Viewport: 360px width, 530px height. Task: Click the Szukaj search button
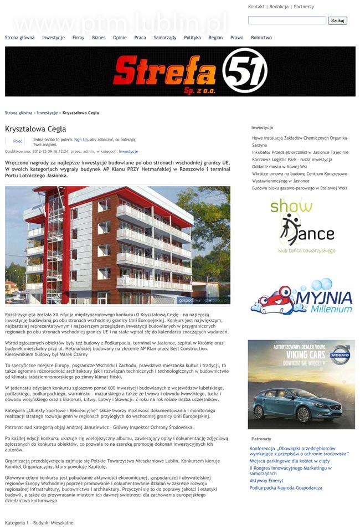click(x=337, y=20)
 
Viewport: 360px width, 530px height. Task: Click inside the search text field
click(x=287, y=20)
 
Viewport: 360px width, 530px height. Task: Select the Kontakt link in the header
click(x=256, y=7)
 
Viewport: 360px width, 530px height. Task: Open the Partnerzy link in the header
click(x=304, y=7)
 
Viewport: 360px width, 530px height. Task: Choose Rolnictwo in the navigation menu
click(x=261, y=38)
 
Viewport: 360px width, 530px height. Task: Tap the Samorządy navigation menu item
click(x=165, y=38)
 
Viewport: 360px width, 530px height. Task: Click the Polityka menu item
click(x=192, y=38)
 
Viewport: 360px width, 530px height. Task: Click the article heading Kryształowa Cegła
click(x=35, y=129)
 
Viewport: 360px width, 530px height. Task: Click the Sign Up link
click(x=81, y=140)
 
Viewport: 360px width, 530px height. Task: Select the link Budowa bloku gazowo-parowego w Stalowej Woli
click(x=299, y=188)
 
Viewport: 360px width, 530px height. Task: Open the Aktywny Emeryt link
click(x=266, y=481)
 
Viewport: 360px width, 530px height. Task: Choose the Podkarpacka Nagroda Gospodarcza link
click(x=285, y=488)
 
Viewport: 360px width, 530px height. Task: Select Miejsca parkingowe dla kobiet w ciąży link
click(x=289, y=460)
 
